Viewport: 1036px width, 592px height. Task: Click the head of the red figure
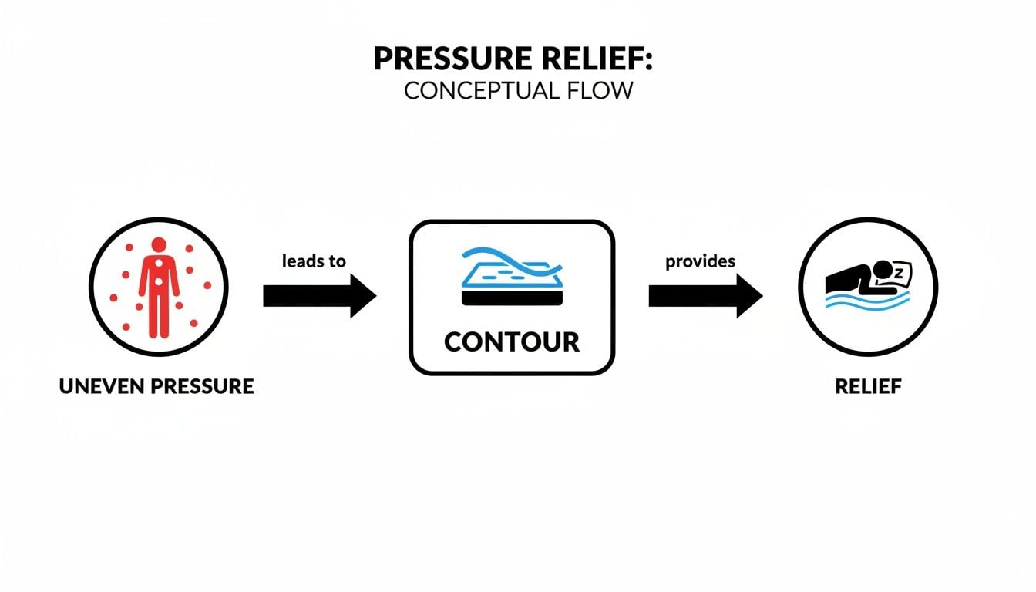coord(159,245)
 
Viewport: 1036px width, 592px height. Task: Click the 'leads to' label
coord(314,261)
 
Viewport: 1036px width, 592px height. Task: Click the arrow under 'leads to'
coord(319,296)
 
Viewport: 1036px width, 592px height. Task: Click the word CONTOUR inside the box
coord(512,341)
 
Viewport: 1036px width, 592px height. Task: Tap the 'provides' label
coord(700,261)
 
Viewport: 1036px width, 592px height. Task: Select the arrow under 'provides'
coord(705,296)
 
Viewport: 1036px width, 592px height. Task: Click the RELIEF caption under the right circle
coord(868,386)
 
